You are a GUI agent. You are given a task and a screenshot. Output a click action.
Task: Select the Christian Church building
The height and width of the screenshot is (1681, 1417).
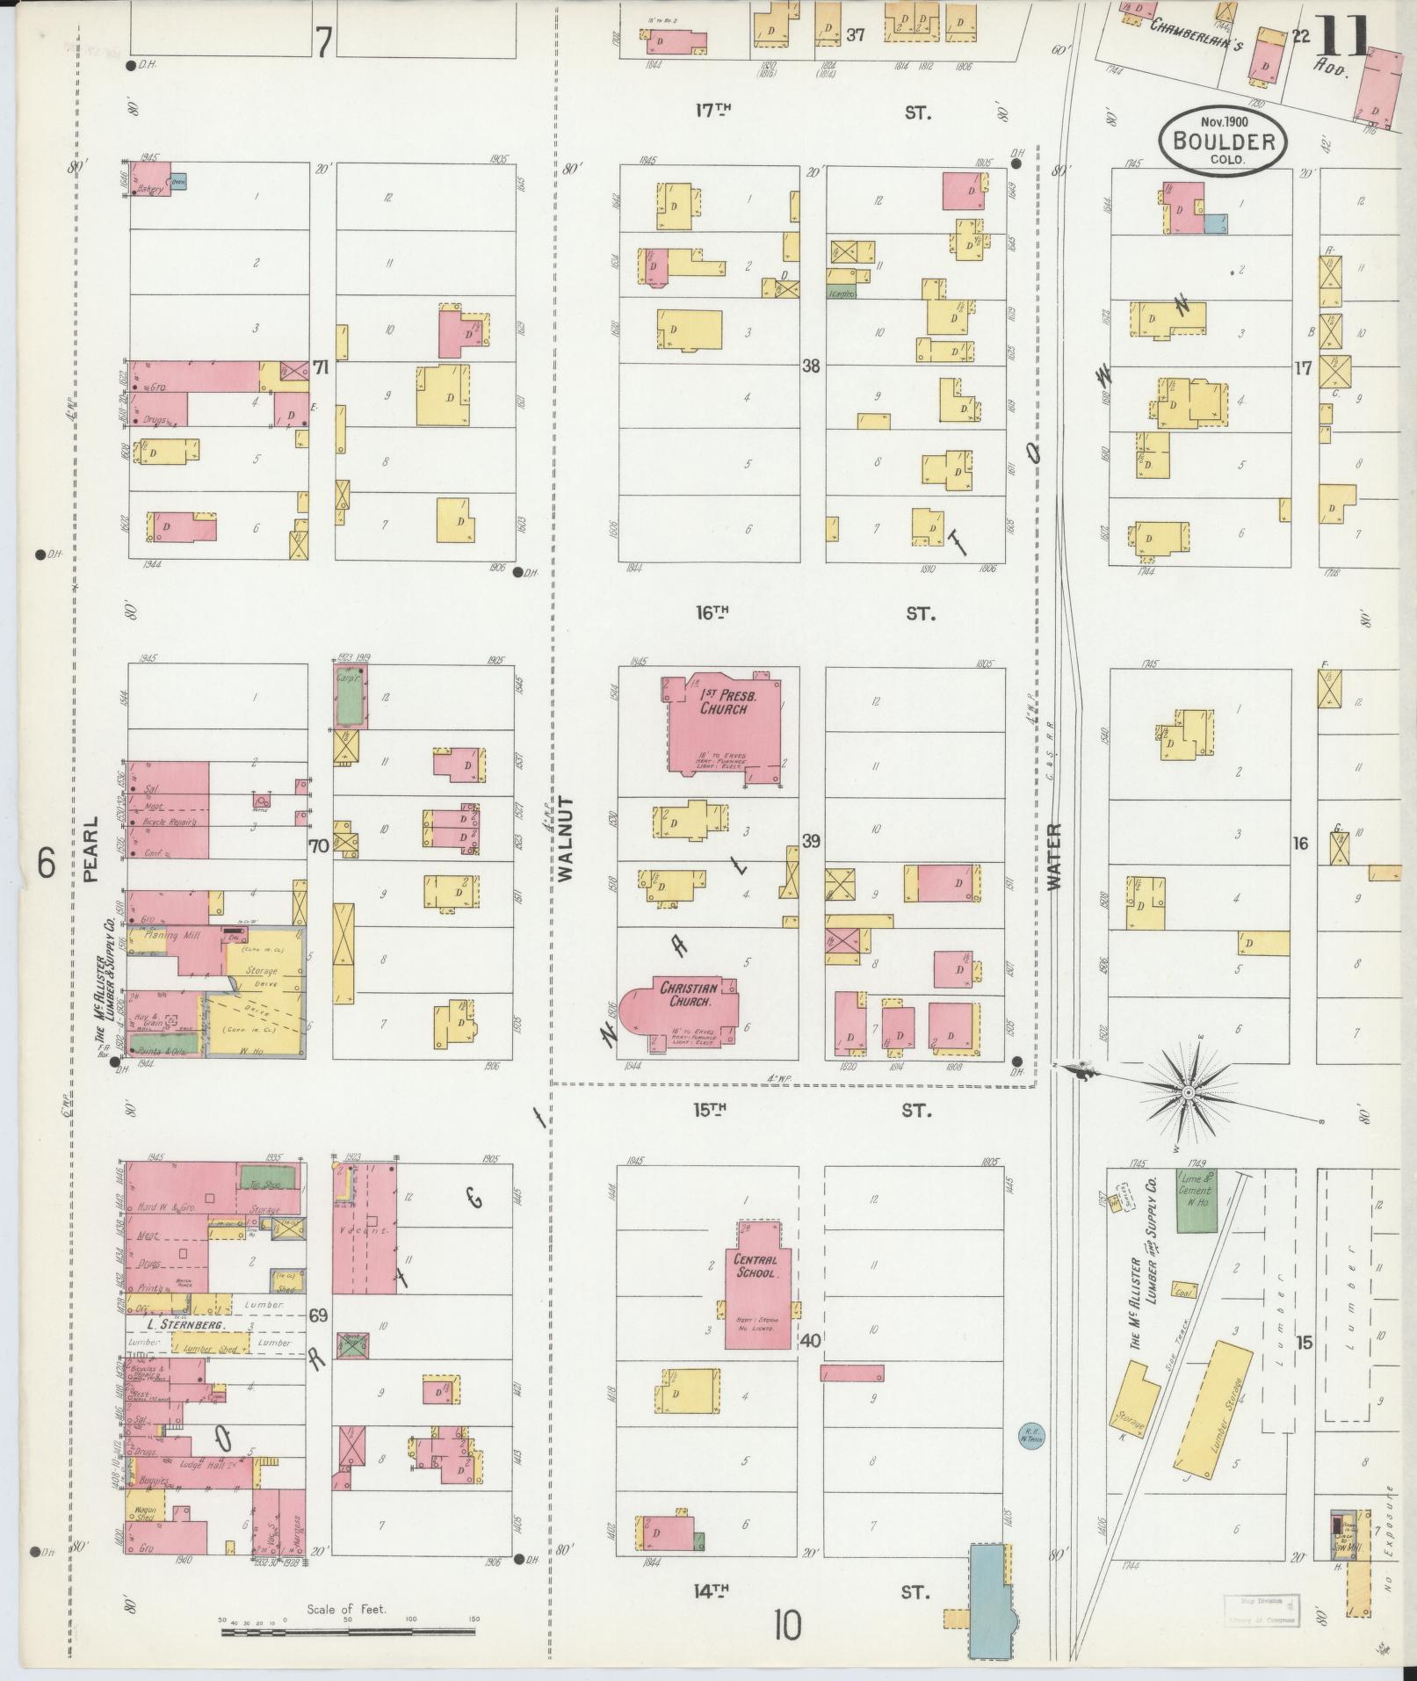tap(690, 1007)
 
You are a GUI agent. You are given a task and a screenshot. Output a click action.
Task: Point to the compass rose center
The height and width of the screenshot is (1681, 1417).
tap(1188, 1092)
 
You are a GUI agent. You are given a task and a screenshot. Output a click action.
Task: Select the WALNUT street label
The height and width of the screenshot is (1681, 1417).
tap(565, 838)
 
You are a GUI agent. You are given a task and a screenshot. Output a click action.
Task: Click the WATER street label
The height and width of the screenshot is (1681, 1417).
tap(1055, 856)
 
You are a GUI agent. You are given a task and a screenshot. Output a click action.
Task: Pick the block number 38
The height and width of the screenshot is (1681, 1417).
tap(810, 366)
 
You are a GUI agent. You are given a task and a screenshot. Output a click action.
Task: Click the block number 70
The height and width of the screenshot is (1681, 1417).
tap(318, 846)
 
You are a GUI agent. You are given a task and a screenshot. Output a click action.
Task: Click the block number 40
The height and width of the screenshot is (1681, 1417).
tap(810, 1341)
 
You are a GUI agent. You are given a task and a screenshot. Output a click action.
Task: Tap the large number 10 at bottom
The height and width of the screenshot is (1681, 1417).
tap(787, 1626)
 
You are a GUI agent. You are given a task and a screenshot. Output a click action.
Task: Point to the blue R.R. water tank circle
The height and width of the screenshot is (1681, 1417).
tap(1029, 1434)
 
